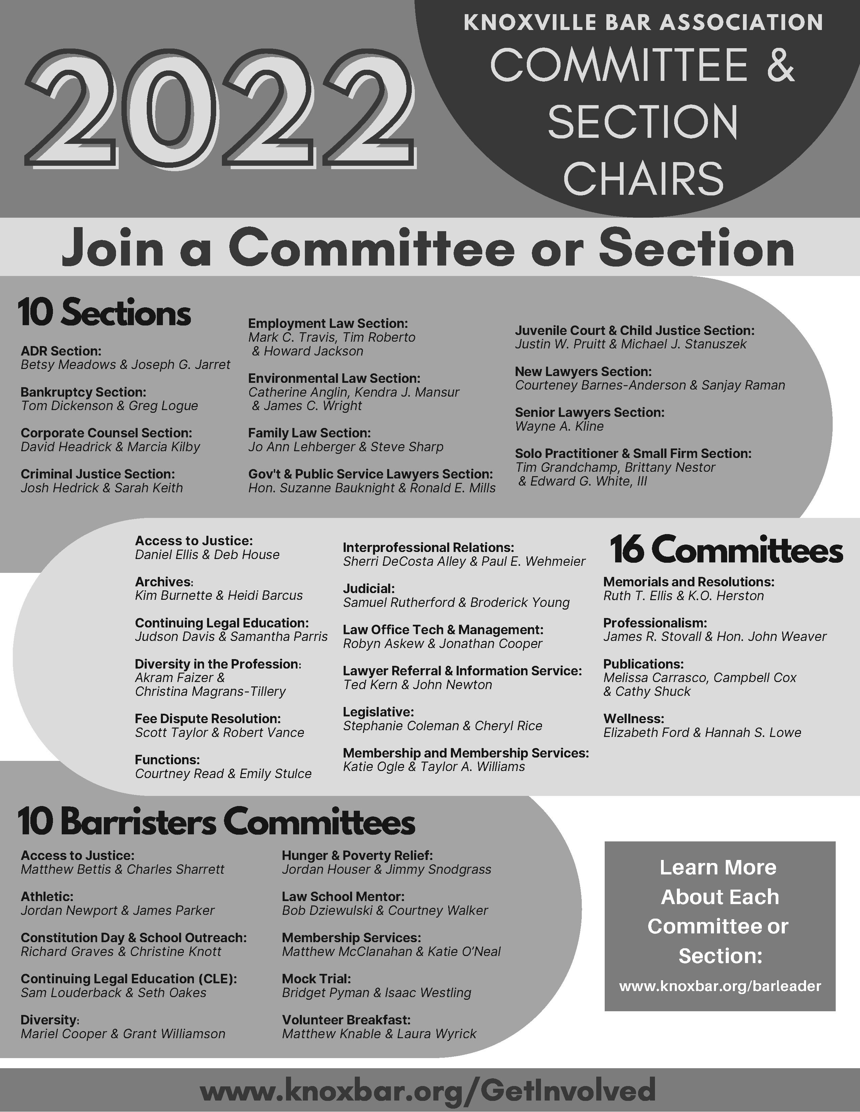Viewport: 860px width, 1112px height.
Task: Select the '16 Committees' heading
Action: (x=726, y=550)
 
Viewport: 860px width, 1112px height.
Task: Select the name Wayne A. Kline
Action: (x=559, y=426)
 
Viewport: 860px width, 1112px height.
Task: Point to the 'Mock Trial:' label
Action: (x=316, y=979)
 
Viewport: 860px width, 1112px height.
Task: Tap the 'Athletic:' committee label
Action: (x=47, y=896)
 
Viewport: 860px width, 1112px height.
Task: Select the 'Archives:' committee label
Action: (x=164, y=582)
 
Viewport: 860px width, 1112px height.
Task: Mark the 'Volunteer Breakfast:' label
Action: (x=346, y=1020)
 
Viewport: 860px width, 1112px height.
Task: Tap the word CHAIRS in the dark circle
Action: (x=643, y=178)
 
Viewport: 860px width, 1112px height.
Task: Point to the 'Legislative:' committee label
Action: (x=378, y=712)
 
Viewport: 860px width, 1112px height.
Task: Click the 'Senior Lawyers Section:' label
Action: (x=590, y=412)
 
